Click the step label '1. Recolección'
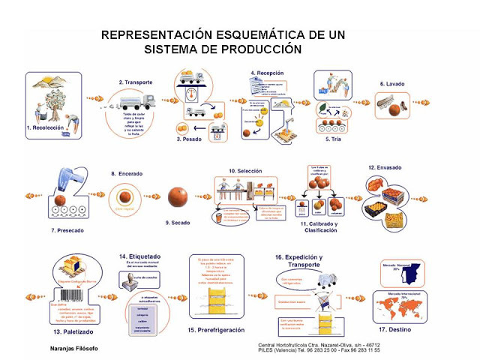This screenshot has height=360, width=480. click(48, 128)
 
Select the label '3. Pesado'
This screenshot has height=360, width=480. click(191, 139)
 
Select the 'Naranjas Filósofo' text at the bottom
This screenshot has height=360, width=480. click(69, 349)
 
